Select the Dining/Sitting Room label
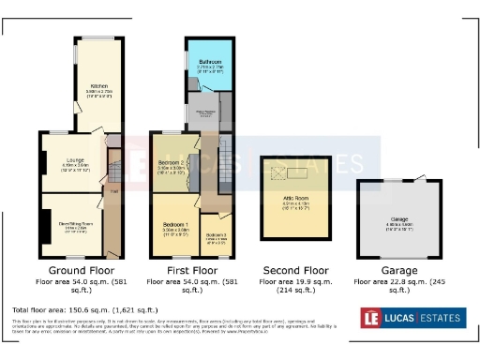click(x=75, y=225)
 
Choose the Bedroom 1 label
click(x=174, y=225)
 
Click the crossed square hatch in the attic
click(x=277, y=174)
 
